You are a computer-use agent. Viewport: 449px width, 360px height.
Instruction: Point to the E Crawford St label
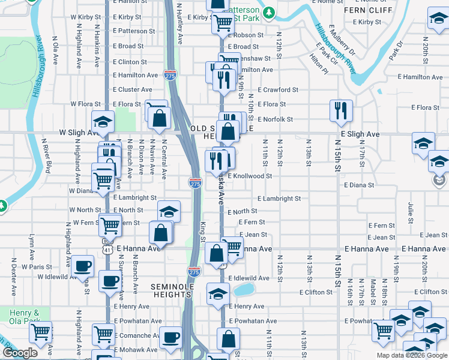pyautogui.click(x=278, y=90)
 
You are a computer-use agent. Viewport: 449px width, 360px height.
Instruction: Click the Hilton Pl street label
pyautogui.click(x=319, y=64)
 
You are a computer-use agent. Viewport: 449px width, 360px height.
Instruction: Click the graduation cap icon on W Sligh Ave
pyautogui.click(x=103, y=122)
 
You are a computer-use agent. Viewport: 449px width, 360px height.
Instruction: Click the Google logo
pyautogui.click(x=20, y=353)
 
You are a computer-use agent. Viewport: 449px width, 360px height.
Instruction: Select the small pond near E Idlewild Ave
pyautogui.click(x=243, y=290)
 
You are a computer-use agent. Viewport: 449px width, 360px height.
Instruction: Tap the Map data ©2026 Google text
pyautogui.click(x=412, y=355)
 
